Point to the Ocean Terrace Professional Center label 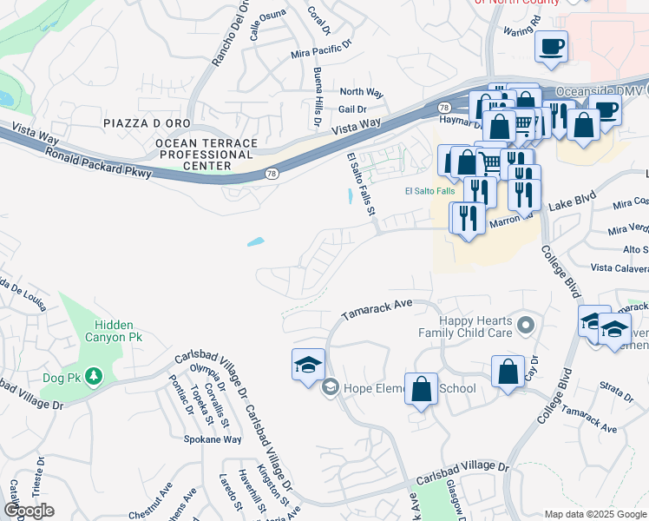click(206, 154)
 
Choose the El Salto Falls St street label click(364, 183)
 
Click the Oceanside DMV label click(599, 90)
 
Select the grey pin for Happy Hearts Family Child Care click(525, 326)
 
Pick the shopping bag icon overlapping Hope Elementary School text click(422, 391)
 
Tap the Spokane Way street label click(212, 439)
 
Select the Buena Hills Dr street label click(318, 96)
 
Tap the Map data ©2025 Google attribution click(595, 514)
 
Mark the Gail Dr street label click(353, 109)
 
